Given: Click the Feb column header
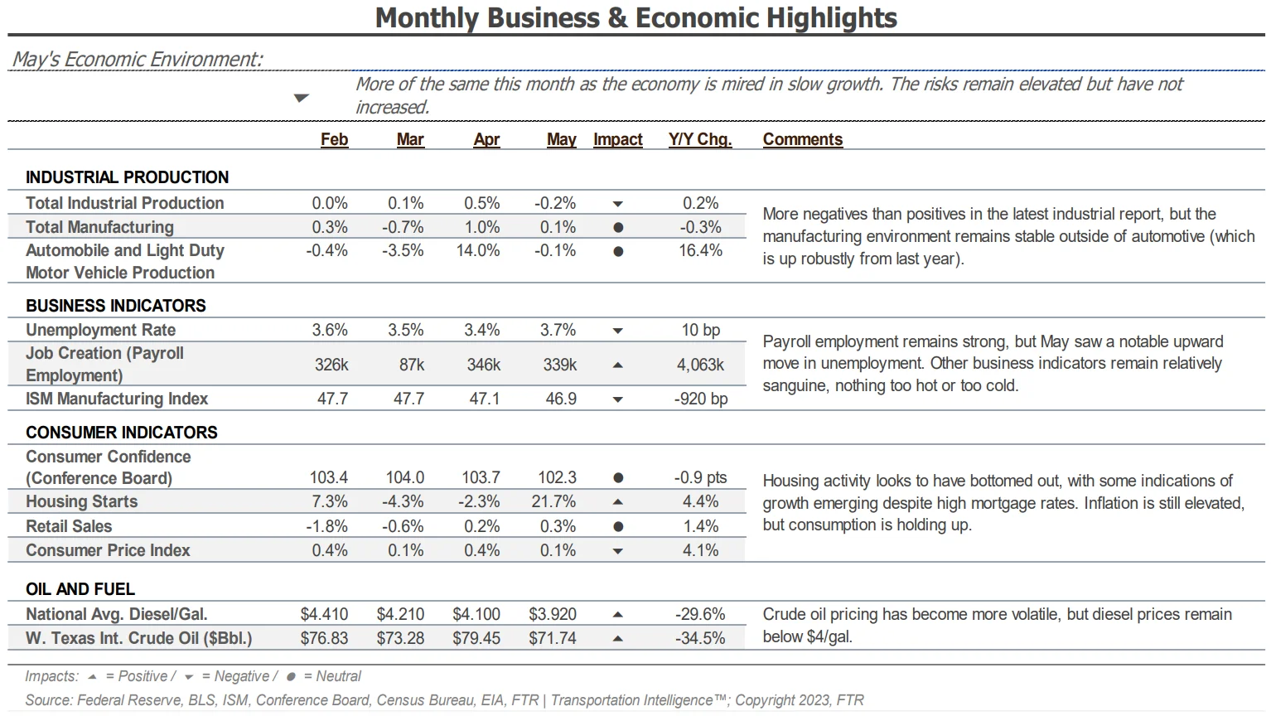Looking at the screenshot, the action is tap(334, 139).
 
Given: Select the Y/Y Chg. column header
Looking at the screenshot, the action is tap(700, 139).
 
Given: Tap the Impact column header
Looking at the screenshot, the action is tap(618, 139).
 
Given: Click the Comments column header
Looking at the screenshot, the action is tap(802, 139).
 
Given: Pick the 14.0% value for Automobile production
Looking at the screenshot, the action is tap(478, 250).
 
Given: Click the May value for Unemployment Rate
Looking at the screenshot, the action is tap(558, 330).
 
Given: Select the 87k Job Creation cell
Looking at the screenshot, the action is tap(411, 365).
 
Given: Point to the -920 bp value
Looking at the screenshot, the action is tap(701, 399).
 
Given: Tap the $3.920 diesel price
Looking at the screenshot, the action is tap(553, 614).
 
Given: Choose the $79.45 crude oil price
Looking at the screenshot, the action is tap(476, 638).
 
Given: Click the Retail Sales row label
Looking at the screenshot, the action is tap(69, 526).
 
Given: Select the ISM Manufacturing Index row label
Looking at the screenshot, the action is tap(117, 399).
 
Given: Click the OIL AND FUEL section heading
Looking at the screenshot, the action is tap(80, 589).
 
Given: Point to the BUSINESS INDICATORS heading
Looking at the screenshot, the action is tap(116, 305).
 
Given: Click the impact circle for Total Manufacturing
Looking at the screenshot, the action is tap(618, 228).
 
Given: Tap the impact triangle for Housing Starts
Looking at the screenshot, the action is tap(618, 501).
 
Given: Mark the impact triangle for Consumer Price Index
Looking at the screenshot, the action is tap(618, 550).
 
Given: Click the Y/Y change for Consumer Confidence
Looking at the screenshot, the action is tap(700, 477).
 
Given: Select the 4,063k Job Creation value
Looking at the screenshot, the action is tap(700, 365).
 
